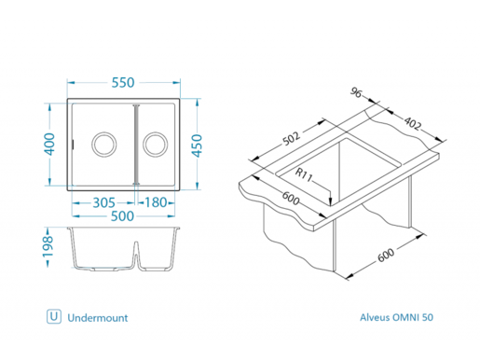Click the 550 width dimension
pyautogui.click(x=125, y=82)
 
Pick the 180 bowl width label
pyautogui.click(x=156, y=202)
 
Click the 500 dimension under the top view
pyautogui.click(x=124, y=216)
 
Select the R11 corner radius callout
pyautogui.click(x=304, y=174)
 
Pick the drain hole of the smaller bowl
pyautogui.click(x=157, y=144)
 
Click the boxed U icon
pyautogui.click(x=53, y=317)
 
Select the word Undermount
pyautogui.click(x=97, y=317)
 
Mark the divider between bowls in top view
pyautogui.click(x=136, y=145)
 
